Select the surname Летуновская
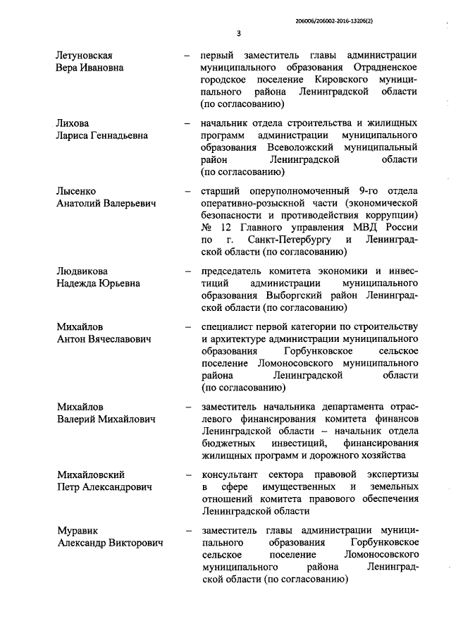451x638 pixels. [x=85, y=55]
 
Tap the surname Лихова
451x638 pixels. [x=73, y=123]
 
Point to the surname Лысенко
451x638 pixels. [x=76, y=191]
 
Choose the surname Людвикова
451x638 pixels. [x=82, y=271]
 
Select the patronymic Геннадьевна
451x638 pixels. [x=119, y=135]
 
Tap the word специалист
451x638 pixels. [x=228, y=327]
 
